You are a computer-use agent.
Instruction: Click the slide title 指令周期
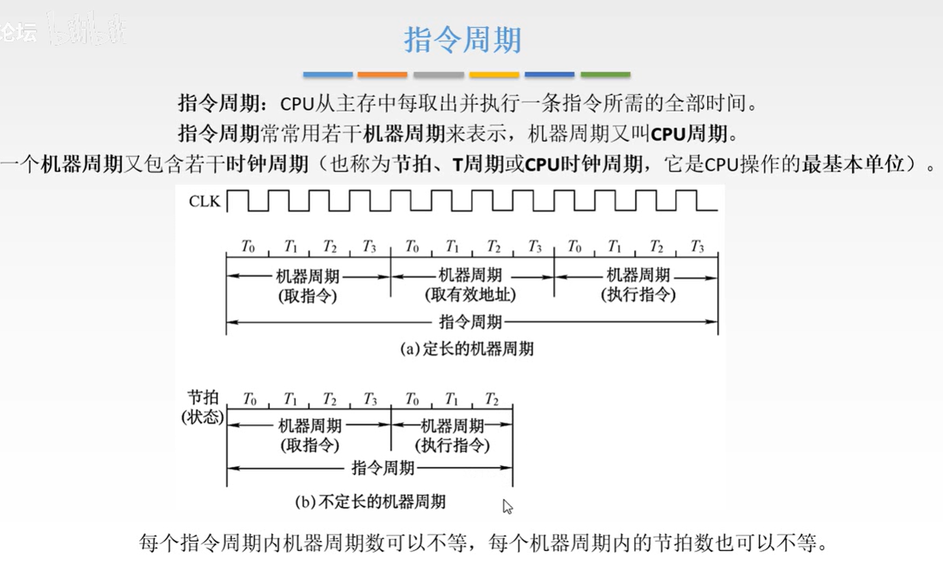pyautogui.click(x=463, y=40)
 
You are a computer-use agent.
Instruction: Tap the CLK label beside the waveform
pyautogui.click(x=205, y=201)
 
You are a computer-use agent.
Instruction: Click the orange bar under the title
pyautogui.click(x=382, y=74)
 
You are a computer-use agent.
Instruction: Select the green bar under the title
pyautogui.click(x=605, y=74)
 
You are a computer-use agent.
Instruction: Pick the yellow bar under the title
pyautogui.click(x=494, y=74)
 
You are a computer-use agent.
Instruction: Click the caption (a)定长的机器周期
pyautogui.click(x=467, y=349)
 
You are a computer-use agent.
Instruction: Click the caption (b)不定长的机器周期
pyautogui.click(x=370, y=502)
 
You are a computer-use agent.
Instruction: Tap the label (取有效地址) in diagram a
pyautogui.click(x=470, y=295)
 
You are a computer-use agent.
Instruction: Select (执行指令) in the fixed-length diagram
pyautogui.click(x=638, y=295)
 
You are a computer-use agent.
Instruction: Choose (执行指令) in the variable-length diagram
pyautogui.click(x=452, y=446)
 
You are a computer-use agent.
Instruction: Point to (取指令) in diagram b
pyautogui.click(x=310, y=446)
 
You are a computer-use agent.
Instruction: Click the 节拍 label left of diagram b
pyautogui.click(x=203, y=397)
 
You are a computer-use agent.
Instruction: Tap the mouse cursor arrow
pyautogui.click(x=507, y=506)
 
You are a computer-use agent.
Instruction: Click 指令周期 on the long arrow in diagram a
pyautogui.click(x=471, y=321)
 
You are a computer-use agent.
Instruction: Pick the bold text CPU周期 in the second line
pyautogui.click(x=689, y=133)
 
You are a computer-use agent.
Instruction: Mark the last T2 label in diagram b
pyautogui.click(x=492, y=399)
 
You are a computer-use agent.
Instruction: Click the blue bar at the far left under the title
pyautogui.click(x=327, y=74)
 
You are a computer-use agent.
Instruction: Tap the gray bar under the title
pyautogui.click(x=438, y=74)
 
